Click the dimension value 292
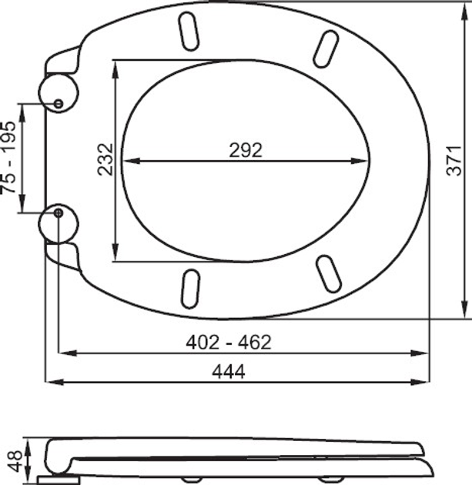245,150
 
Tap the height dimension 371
455,159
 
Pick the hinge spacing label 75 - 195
9,157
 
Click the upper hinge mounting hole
59,103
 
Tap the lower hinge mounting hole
59,212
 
